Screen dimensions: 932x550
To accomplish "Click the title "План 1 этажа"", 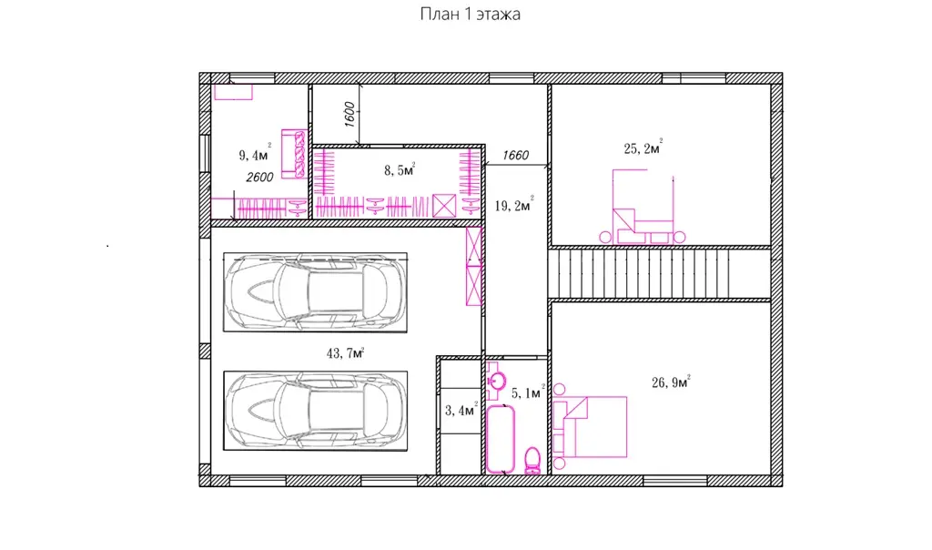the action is (470, 15).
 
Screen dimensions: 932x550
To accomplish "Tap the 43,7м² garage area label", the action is (345, 353).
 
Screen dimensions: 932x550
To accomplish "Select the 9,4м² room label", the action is (255, 154).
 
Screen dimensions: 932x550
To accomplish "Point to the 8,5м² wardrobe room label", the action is (400, 170).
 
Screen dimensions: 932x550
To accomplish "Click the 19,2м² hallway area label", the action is (514, 205).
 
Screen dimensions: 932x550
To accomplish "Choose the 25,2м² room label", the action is (643, 148).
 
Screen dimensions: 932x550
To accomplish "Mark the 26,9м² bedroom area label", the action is (671, 382).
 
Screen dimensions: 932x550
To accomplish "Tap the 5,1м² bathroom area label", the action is (528, 392).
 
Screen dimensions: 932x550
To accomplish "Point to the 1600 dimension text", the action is (349, 114).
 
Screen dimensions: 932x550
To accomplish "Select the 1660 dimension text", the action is (515, 155).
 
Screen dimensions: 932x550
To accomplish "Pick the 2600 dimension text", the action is (259, 178).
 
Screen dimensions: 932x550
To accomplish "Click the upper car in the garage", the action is (315, 292).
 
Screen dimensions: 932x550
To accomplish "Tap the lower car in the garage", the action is (315, 411).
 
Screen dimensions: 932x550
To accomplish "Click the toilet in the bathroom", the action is (532, 461).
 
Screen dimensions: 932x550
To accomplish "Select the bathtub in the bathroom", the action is (501, 440).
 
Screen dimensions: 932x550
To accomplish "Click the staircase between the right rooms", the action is (659, 273).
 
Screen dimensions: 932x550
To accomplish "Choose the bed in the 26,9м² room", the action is (590, 427).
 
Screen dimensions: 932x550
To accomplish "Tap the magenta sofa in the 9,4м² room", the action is (294, 154).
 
